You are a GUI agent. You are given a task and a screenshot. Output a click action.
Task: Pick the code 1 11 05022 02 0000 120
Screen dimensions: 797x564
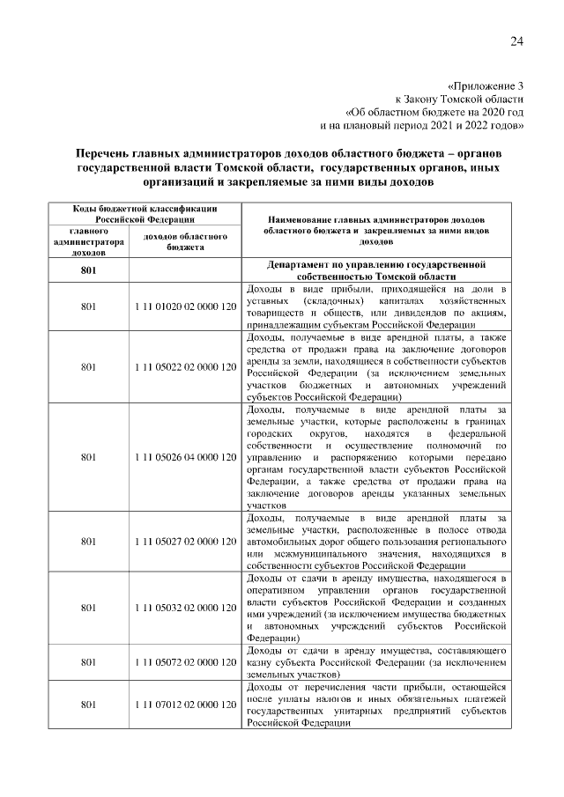186,366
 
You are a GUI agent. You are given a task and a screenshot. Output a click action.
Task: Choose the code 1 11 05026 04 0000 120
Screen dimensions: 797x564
186,457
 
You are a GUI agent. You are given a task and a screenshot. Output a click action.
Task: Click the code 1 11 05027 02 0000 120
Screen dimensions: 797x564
186,541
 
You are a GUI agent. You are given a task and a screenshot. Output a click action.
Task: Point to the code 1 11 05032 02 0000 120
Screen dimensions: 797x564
186,607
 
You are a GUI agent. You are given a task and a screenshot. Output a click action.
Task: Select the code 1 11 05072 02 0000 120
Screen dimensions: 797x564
186,660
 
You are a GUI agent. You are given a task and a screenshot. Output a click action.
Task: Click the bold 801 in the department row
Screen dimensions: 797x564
88,269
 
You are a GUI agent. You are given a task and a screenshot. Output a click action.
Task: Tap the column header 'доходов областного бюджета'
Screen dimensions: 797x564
186,242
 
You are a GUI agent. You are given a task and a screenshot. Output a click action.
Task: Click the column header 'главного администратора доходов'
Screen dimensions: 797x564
88,242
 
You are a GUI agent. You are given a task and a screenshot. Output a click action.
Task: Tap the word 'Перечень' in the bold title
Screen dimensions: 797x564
108,152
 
